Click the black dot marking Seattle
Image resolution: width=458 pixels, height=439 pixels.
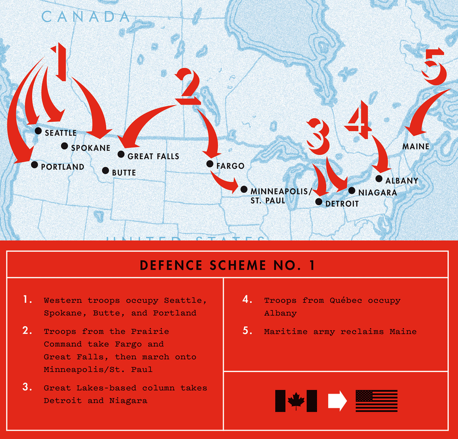[38, 131]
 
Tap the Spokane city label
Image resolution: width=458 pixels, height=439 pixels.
[90, 148]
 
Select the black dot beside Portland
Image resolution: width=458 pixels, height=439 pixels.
[35, 165]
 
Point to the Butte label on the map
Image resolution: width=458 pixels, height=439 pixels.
[124, 173]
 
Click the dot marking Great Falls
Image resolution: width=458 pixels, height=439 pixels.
[121, 154]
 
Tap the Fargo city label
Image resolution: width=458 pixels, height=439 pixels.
[230, 166]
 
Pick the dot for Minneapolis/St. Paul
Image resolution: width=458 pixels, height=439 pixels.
[244, 189]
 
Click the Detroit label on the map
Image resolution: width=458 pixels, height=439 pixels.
[342, 204]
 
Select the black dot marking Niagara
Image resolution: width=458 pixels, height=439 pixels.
[352, 190]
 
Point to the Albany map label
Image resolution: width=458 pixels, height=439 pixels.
[402, 181]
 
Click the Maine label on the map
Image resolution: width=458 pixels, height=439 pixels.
[416, 146]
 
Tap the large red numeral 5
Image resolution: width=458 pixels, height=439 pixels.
[434, 67]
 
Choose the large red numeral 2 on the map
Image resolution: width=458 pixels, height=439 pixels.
[188, 87]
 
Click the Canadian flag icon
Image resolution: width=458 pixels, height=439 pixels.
[296, 401]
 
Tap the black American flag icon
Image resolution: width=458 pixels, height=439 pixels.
[377, 401]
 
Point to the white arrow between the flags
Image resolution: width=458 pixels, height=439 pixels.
[338, 401]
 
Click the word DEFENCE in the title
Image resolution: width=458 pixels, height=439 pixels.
[171, 265]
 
